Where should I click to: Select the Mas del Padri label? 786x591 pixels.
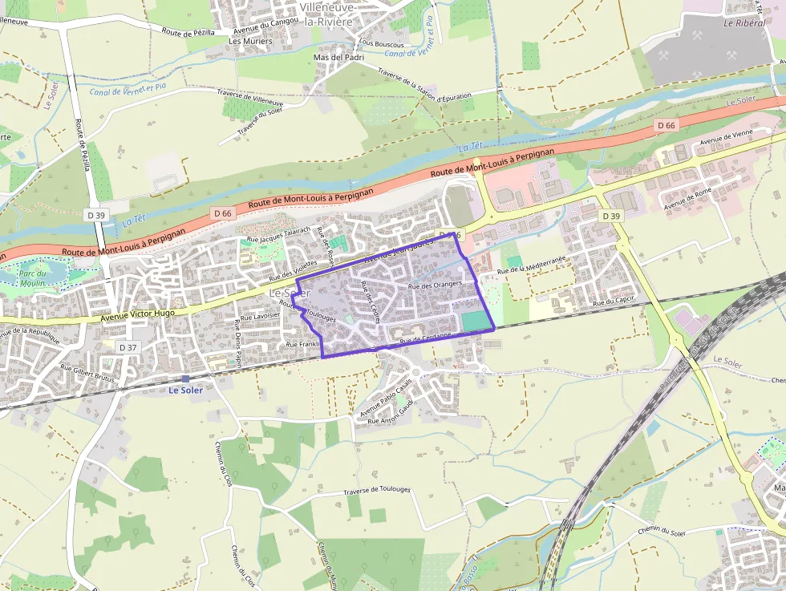(339, 57)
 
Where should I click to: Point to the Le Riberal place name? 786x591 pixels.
(744, 23)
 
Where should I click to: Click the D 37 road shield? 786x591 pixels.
(128, 347)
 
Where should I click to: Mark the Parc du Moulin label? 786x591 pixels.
(31, 277)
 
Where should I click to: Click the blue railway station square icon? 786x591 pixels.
(185, 378)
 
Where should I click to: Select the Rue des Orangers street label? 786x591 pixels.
(436, 285)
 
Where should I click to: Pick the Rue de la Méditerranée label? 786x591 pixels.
(532, 265)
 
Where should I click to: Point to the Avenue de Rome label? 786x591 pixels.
(688, 197)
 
